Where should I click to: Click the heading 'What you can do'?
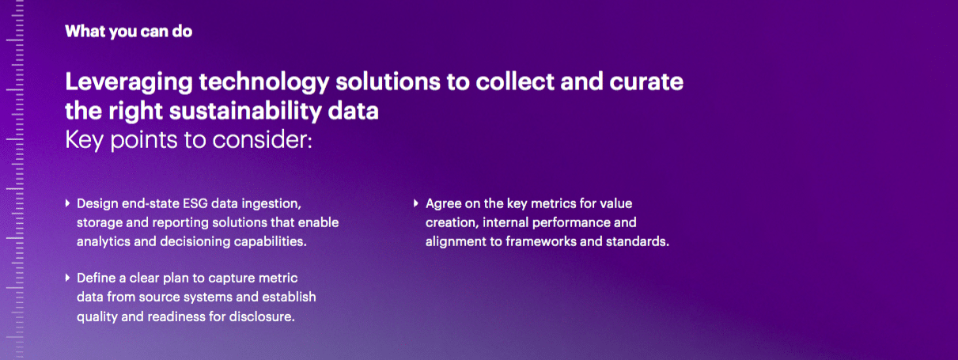point(128,32)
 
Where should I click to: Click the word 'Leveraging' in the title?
point(129,82)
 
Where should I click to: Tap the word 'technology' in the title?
point(264,82)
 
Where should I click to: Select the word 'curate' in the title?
point(646,81)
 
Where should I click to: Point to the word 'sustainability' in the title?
point(245,111)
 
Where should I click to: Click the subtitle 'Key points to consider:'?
point(188,140)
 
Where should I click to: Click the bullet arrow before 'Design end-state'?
point(67,203)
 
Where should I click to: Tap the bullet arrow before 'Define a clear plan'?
point(67,278)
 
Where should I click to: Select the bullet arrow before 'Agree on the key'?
point(416,203)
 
